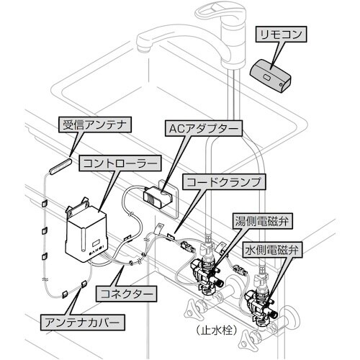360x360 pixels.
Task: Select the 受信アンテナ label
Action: [x=93, y=124]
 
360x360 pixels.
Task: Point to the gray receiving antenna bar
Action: [x=60, y=165]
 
